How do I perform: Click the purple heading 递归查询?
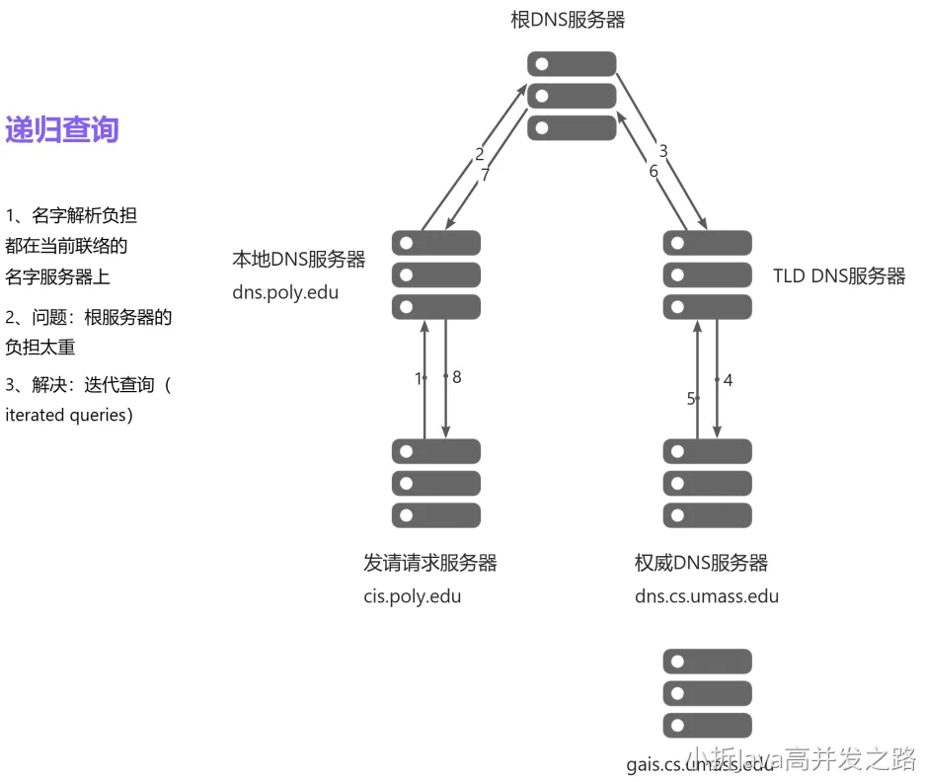click(62, 129)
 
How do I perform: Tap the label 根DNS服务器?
click(568, 19)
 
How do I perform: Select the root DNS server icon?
click(572, 96)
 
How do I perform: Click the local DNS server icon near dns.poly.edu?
click(435, 274)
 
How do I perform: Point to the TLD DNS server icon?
click(707, 274)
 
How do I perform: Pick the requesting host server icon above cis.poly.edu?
click(435, 484)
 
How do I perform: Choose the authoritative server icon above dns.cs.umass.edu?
click(707, 484)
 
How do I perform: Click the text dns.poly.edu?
click(285, 292)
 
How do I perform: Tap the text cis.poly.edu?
click(412, 596)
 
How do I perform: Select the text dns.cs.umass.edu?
click(707, 596)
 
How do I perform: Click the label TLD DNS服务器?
click(839, 276)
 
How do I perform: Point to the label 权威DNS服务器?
click(701, 563)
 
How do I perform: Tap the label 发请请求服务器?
click(430, 563)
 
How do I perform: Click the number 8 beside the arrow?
click(457, 377)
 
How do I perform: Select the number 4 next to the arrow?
click(728, 379)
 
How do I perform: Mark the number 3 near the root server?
click(663, 151)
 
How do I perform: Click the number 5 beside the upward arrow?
click(691, 399)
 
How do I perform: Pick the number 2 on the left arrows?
click(480, 154)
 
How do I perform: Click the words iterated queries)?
click(69, 415)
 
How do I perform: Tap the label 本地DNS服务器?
click(298, 259)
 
